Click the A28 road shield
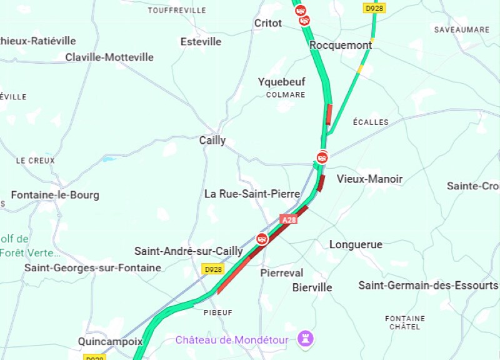click(x=289, y=220)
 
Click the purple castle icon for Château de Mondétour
click(x=306, y=339)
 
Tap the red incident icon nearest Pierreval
click(x=262, y=239)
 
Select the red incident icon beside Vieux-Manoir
click(x=322, y=157)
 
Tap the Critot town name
click(x=268, y=23)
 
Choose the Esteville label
click(x=201, y=42)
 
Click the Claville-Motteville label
click(x=109, y=57)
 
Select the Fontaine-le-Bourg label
click(x=55, y=195)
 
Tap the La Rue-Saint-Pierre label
click(x=252, y=194)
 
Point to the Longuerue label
click(x=356, y=245)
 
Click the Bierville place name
click(x=312, y=287)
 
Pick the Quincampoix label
click(x=110, y=342)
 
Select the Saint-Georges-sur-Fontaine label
click(x=92, y=267)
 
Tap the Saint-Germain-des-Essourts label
click(x=428, y=286)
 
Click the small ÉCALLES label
click(x=371, y=122)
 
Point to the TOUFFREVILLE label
click(x=177, y=11)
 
